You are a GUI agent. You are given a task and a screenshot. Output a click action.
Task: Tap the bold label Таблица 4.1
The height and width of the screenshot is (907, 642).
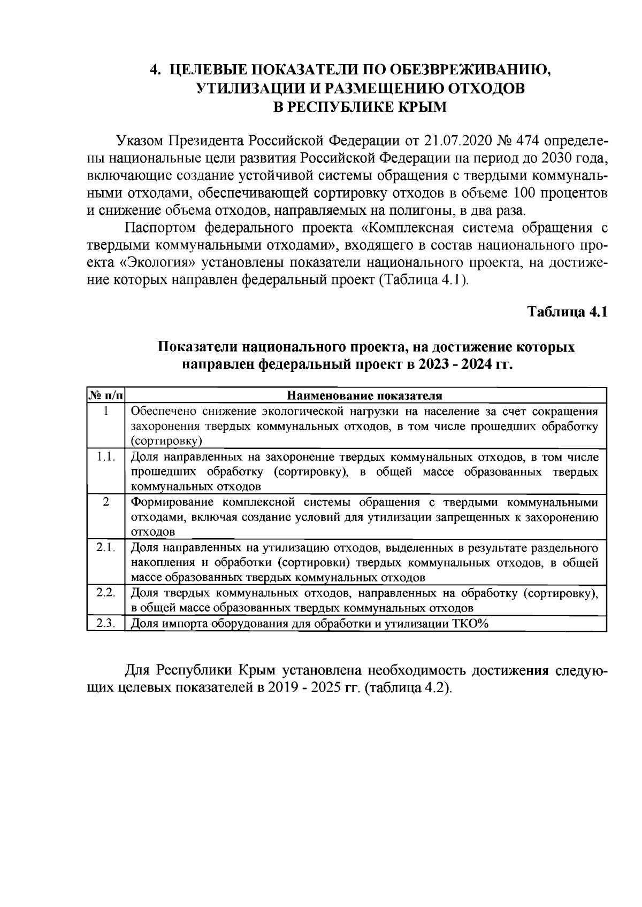568,312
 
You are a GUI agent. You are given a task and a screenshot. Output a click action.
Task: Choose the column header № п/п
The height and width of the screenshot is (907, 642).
105,396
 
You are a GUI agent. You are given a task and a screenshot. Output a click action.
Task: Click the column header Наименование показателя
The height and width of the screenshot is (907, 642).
365,396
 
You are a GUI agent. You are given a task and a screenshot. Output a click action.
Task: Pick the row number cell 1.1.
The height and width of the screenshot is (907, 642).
105,457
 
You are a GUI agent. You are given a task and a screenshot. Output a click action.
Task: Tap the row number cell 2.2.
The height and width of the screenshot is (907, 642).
105,593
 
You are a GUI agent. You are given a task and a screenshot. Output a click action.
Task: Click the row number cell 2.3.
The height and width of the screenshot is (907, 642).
105,623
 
